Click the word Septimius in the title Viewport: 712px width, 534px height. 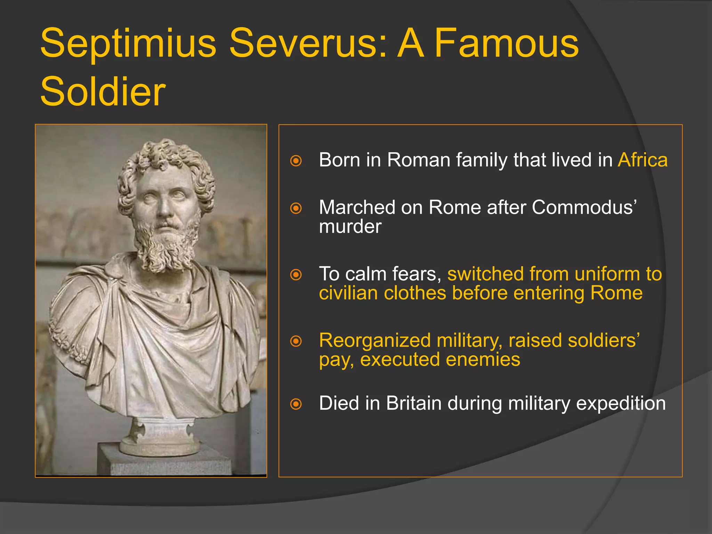pos(128,44)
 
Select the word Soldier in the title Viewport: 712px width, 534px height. pos(103,91)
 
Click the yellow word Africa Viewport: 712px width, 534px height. pos(642,160)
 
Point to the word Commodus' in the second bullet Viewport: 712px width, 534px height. pos(584,208)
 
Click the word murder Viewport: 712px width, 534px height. pos(350,227)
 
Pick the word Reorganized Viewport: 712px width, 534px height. pos(375,340)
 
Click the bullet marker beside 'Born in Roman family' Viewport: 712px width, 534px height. pos(296,161)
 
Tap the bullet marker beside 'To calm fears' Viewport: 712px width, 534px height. pos(296,275)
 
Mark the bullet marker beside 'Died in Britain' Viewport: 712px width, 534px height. pos(296,404)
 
